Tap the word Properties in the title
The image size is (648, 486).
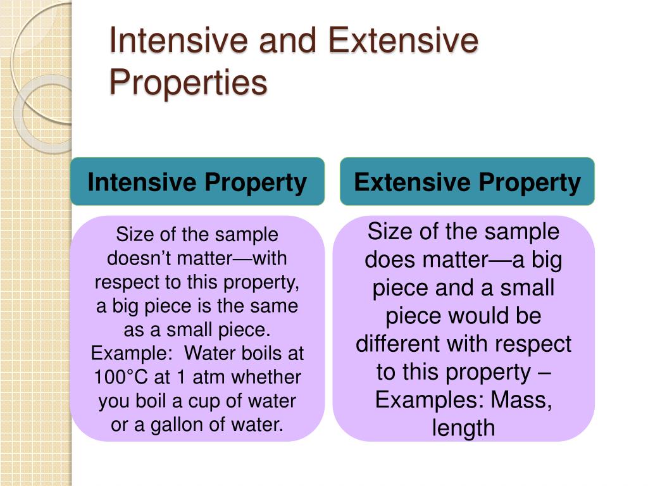pos(188,83)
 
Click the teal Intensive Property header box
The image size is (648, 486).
pos(197,182)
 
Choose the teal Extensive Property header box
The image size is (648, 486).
pos(467,182)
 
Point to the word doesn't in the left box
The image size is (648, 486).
pos(131,259)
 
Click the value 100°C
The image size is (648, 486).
pos(121,377)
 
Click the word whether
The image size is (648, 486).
pos(267,377)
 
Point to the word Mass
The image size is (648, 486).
pos(519,401)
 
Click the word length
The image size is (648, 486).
pos(463,428)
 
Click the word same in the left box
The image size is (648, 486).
pos(277,306)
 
